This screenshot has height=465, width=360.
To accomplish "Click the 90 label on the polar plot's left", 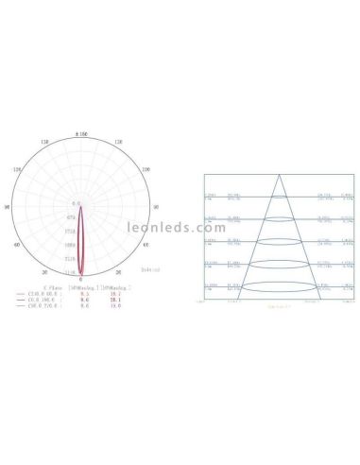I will tap(7, 205).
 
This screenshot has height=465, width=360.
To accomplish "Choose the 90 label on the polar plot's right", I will tap(154, 205).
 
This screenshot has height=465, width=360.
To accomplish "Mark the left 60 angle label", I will tap(16, 244).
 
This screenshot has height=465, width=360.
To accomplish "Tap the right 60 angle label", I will tap(145, 244).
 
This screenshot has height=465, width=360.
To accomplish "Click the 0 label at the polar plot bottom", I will tap(79, 281).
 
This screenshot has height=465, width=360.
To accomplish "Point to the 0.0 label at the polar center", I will tap(77, 203).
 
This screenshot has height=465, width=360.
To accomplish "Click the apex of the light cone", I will tap(277, 176).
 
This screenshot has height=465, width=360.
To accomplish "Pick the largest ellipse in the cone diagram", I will tap(277, 285).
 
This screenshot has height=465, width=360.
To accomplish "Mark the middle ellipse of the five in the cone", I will tap(277, 242).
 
